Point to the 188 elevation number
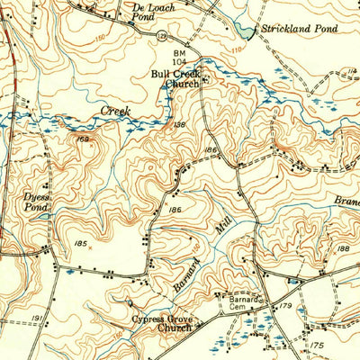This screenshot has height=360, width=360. pos(343,247)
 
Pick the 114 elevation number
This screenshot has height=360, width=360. pos(352,70)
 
